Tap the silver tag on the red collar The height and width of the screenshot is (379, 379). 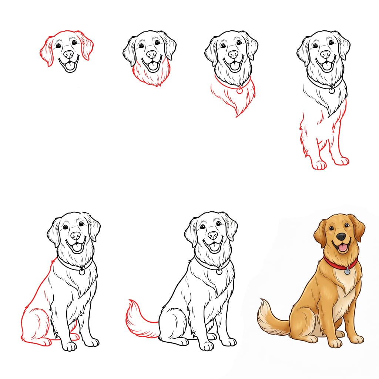pos(347,272)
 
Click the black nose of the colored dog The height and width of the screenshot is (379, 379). pos(341,236)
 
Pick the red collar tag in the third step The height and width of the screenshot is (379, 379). pos(239,90)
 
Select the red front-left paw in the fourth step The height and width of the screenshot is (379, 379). pos(319,164)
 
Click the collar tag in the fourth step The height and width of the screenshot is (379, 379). pos(332,90)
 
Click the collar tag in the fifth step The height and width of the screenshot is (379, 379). pos(82,272)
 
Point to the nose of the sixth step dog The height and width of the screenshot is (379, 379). pos(213,235)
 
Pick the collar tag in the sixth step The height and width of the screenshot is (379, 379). pos(219,272)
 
